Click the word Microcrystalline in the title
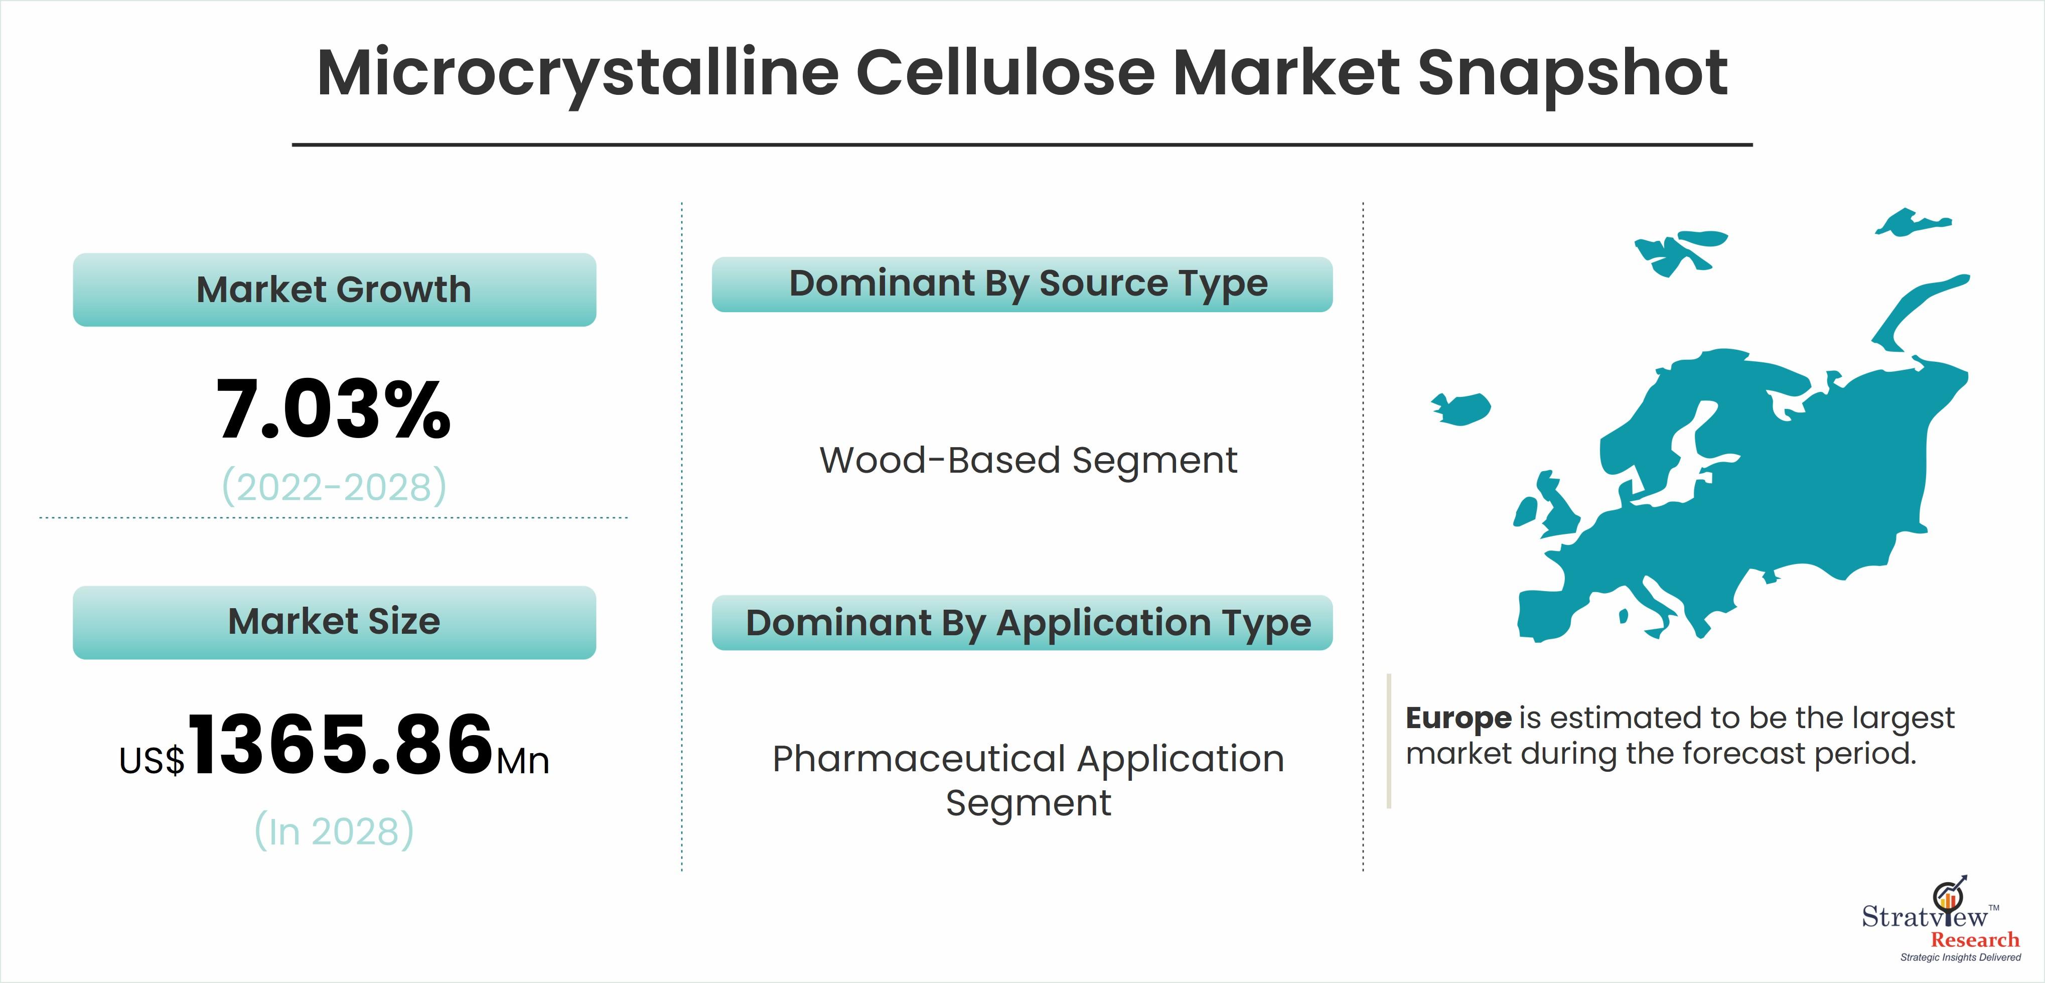(578, 74)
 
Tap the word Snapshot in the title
(1573, 74)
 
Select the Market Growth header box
(334, 290)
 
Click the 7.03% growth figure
(334, 410)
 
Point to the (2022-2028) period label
(334, 487)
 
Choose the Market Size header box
(334, 623)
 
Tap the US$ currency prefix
(152, 761)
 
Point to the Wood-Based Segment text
(1028, 461)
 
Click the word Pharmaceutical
(919, 759)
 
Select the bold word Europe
(1458, 718)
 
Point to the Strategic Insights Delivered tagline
(1961, 957)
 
